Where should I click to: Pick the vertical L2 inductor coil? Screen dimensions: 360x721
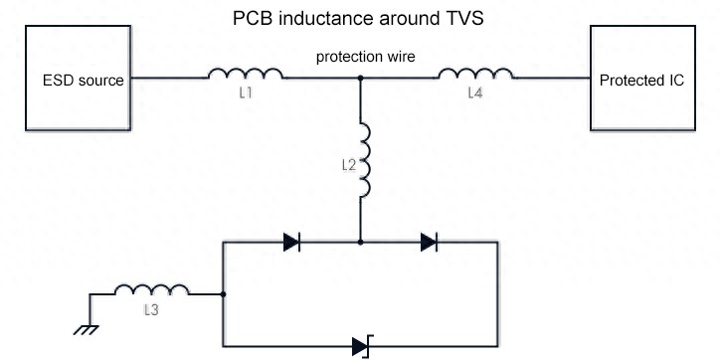click(363, 160)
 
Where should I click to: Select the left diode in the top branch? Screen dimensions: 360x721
click(292, 242)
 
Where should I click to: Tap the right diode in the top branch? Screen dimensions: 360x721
click(430, 242)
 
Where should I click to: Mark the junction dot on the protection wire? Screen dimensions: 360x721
click(360, 78)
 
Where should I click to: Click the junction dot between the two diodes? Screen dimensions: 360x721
click(360, 242)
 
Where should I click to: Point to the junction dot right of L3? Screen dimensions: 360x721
click(223, 294)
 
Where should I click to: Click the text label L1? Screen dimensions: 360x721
click(246, 92)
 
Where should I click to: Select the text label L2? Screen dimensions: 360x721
click(348, 165)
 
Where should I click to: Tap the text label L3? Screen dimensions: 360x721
click(151, 310)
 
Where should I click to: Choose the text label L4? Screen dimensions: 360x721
click(476, 92)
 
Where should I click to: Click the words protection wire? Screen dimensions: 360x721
click(364, 57)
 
